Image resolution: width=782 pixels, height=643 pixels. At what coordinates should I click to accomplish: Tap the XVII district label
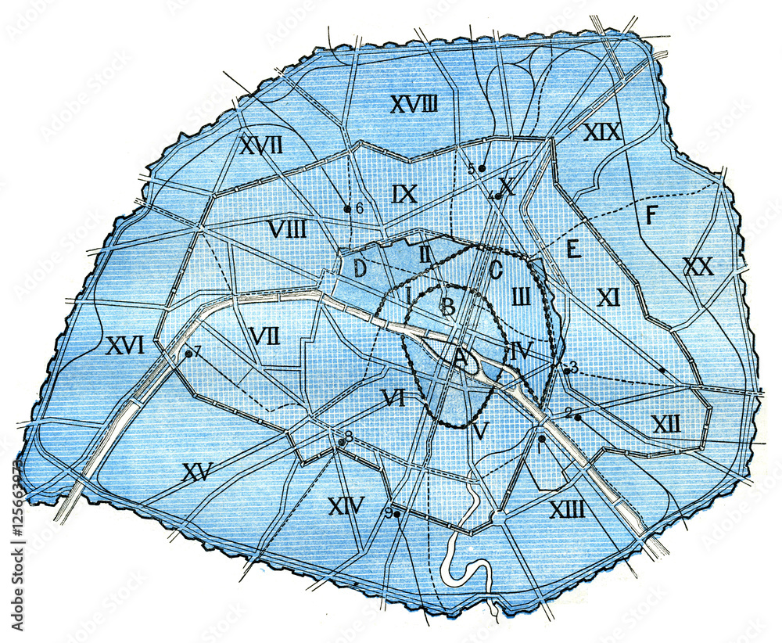(x=261, y=145)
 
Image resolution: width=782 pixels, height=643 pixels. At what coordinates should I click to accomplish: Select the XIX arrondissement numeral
(x=602, y=132)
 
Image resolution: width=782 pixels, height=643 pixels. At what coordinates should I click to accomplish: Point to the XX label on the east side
(x=698, y=268)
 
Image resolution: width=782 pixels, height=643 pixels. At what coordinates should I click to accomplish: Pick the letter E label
(x=572, y=250)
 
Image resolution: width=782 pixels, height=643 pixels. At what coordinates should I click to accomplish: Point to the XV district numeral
(x=198, y=472)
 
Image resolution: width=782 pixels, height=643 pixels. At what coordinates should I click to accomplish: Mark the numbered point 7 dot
(x=188, y=354)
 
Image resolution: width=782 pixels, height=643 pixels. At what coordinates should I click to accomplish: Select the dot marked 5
(x=482, y=168)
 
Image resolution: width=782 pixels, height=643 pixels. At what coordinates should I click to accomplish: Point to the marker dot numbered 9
(x=397, y=514)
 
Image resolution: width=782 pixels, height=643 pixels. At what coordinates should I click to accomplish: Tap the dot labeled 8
(x=341, y=443)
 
